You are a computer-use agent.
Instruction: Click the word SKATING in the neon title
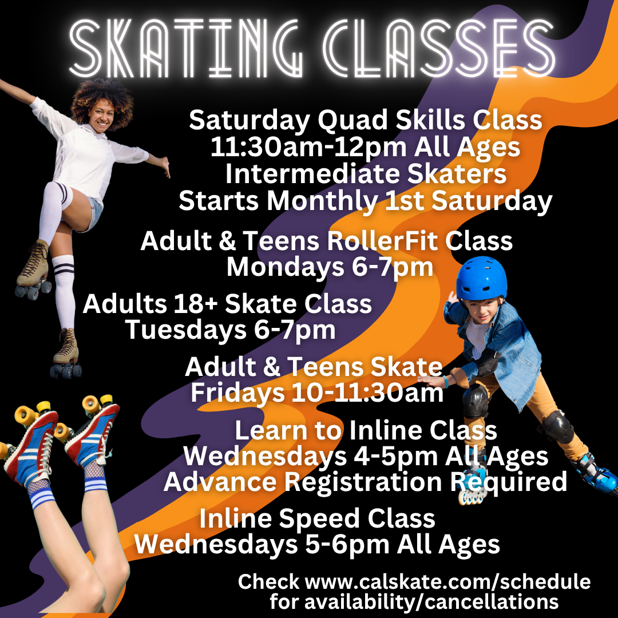point(186,49)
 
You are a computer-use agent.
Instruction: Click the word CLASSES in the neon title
point(439,48)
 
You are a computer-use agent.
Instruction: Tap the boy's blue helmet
point(481,278)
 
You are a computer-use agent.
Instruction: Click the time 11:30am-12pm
point(308,147)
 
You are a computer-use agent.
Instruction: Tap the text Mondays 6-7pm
point(330,267)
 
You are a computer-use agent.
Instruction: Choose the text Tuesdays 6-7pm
point(231,330)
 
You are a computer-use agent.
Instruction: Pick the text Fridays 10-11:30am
point(317,393)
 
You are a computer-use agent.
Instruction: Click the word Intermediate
point(312,174)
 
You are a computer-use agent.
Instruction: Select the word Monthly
point(322,201)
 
